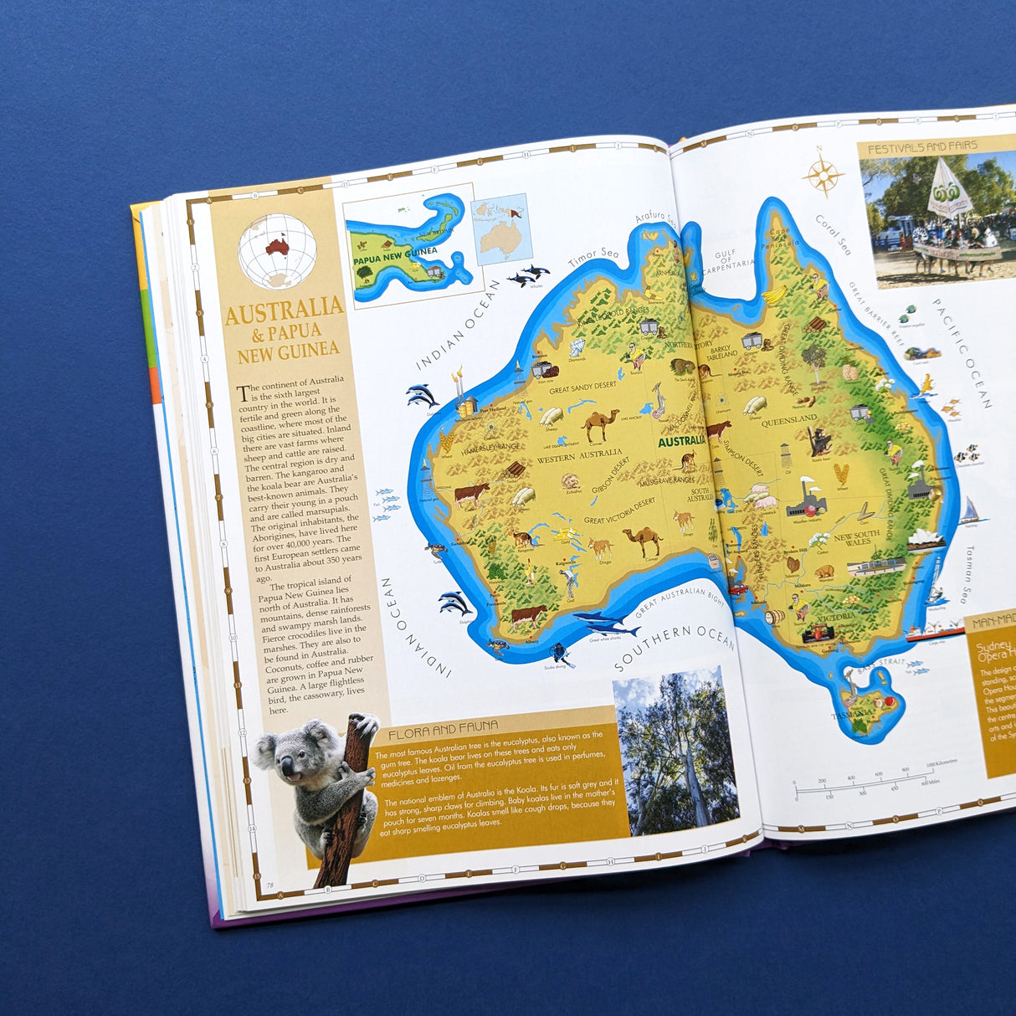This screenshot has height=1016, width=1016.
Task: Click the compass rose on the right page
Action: click(x=824, y=175)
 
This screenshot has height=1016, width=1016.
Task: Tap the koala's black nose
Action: click(x=287, y=767)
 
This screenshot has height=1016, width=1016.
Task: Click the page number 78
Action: click(x=270, y=885)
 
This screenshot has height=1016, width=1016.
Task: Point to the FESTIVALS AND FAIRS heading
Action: click(x=922, y=147)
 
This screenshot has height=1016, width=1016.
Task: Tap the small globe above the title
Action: click(x=277, y=251)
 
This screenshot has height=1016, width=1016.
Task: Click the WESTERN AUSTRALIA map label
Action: click(x=579, y=457)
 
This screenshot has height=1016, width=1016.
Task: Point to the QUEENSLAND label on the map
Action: click(x=788, y=419)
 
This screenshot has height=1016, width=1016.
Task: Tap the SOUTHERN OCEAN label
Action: click(x=674, y=647)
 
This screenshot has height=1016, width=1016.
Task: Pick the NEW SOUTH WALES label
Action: click(x=856, y=538)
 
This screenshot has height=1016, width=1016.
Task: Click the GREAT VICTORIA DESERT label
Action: click(x=619, y=511)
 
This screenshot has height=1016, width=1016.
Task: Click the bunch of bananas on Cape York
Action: click(x=774, y=295)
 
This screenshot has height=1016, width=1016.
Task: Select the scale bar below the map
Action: click(x=862, y=784)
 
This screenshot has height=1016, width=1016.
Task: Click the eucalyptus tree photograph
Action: click(x=675, y=751)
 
